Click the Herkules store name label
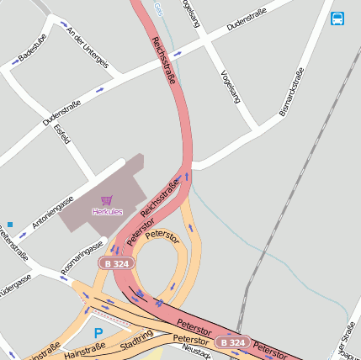[x=107, y=211]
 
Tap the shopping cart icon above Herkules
[x=106, y=200]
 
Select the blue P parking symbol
[x=98, y=334]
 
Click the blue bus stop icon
[x=337, y=18]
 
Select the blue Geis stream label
[x=157, y=8]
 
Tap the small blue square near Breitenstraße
[x=10, y=225]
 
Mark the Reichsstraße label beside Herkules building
[x=160, y=197]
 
